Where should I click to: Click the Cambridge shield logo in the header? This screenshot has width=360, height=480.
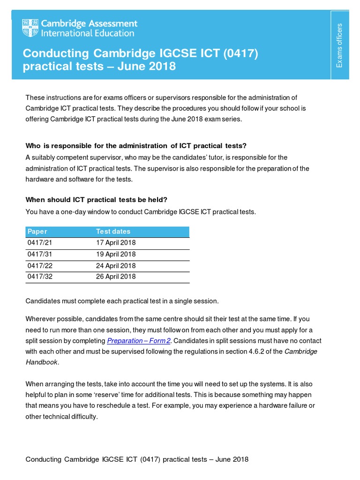coord(31,28)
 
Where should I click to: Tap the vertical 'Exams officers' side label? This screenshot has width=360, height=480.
coord(340,45)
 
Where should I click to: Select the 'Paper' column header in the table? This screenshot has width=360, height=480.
coord(37,232)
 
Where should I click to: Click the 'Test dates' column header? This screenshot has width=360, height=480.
coord(113,232)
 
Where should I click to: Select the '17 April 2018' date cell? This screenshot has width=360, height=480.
coord(116,243)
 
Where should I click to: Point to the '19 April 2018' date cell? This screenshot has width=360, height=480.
coord(116,254)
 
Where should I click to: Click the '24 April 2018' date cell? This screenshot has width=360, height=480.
coord(116,266)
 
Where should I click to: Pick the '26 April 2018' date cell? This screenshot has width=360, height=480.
coord(116,277)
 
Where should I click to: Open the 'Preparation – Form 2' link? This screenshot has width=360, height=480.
coord(139,341)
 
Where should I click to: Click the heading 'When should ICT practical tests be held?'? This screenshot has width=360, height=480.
coord(96,200)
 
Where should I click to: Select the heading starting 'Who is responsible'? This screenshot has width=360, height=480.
coord(136,146)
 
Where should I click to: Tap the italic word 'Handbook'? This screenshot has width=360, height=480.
coord(42,362)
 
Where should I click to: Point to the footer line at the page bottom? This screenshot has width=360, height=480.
coord(137,459)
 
